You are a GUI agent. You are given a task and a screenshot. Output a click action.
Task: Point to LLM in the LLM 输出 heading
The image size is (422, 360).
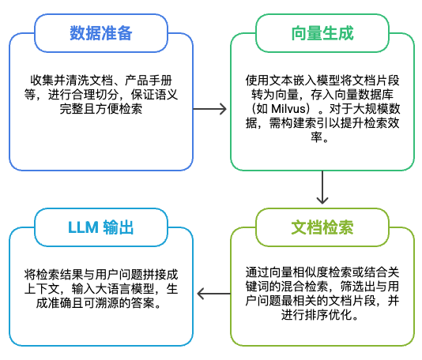coord(82,229)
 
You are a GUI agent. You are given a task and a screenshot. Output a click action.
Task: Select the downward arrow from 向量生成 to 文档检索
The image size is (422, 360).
coord(322,189)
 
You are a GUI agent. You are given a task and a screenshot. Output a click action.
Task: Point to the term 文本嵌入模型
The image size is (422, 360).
coord(301,80)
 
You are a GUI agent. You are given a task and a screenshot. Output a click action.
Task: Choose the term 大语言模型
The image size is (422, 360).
coord(119,289)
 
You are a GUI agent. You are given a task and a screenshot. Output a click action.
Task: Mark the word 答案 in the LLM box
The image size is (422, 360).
coord(154,303)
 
